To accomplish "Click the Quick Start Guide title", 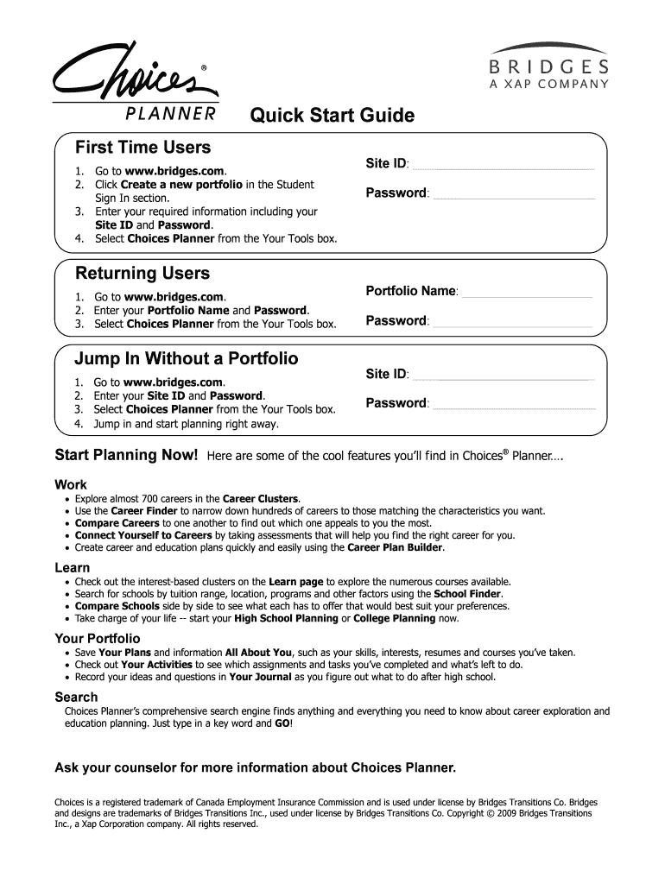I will [332, 116].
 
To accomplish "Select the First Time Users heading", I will [142, 148].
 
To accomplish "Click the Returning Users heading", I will [142, 274].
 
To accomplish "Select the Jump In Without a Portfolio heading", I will [187, 357].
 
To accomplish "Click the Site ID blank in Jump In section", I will [504, 377].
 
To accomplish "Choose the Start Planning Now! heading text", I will [127, 455].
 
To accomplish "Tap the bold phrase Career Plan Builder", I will [396, 547].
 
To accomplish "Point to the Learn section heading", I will [73, 567].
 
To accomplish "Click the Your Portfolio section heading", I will [98, 638].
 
